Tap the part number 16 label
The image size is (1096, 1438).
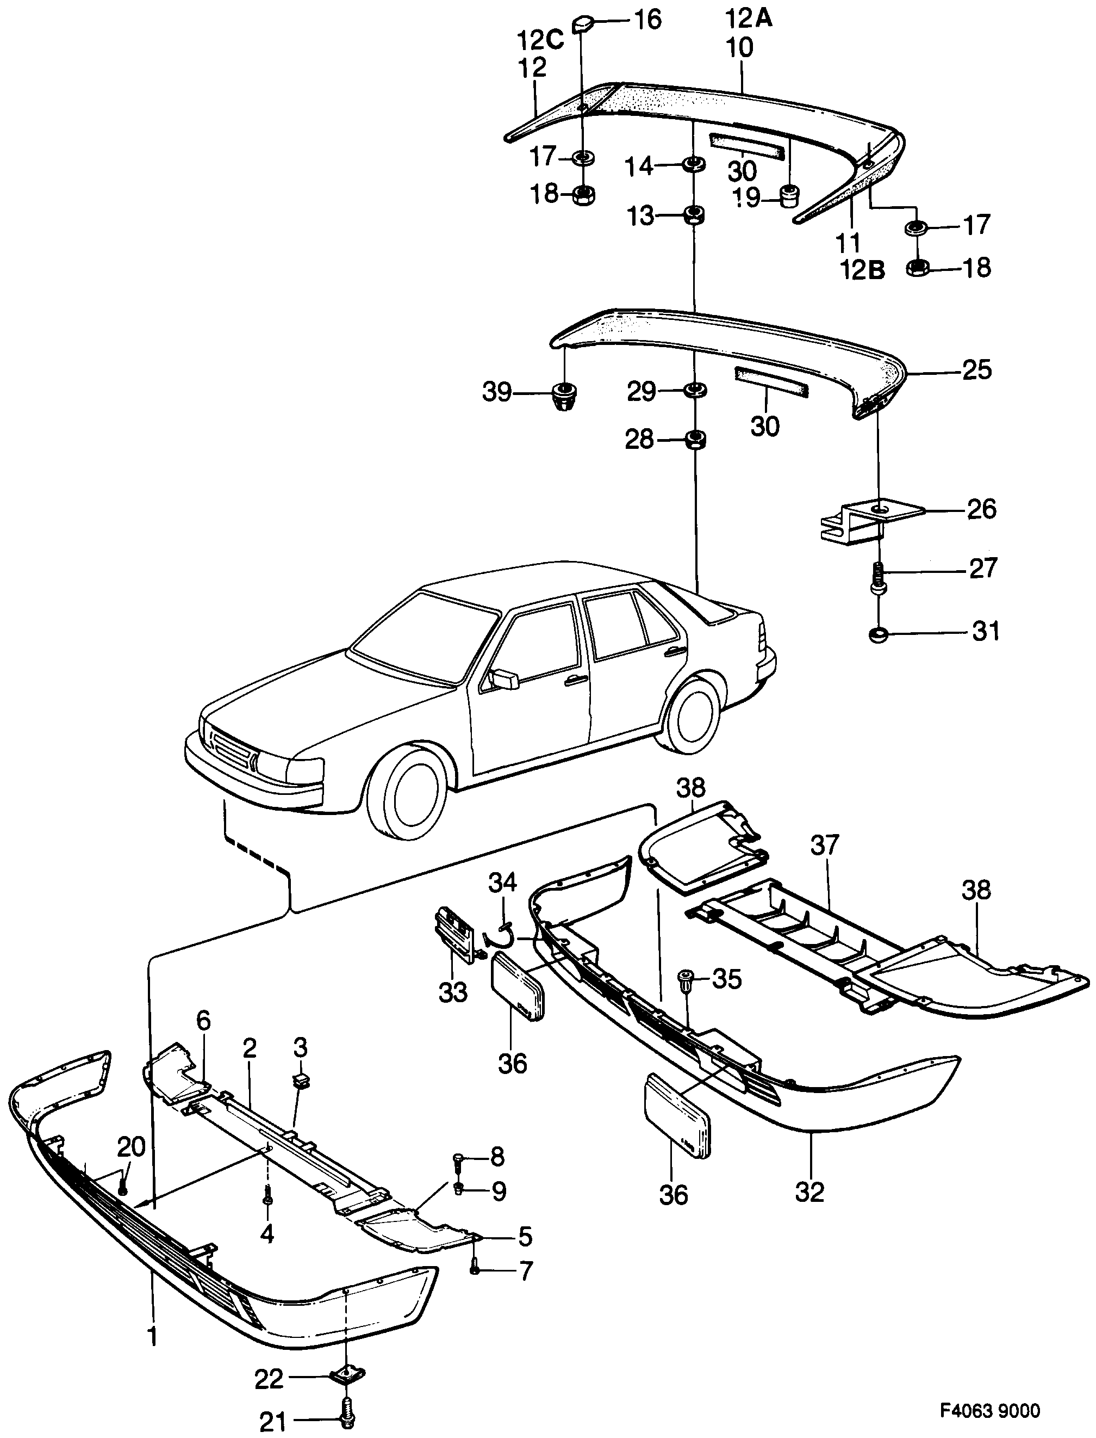[x=646, y=19]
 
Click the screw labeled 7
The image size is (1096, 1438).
[x=474, y=1268]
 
